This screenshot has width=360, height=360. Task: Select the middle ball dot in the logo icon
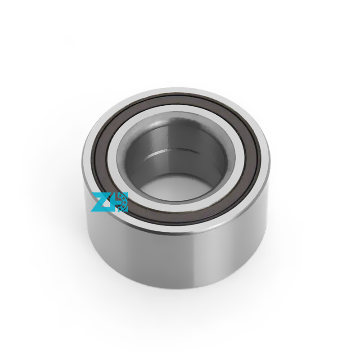[x=125, y=202]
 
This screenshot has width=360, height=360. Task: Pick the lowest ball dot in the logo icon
[x=122, y=209]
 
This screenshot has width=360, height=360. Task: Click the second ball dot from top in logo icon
[x=124, y=198]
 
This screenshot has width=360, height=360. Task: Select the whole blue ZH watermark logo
[x=109, y=202]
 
